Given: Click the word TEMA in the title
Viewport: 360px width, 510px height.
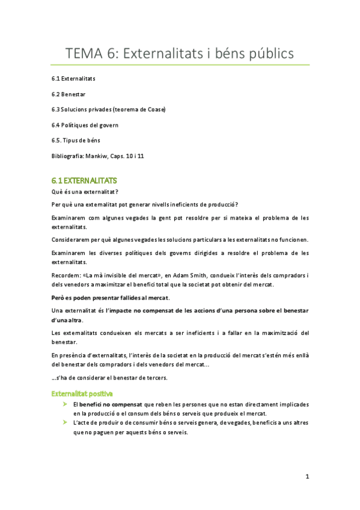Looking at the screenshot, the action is pyautogui.click(x=84, y=54).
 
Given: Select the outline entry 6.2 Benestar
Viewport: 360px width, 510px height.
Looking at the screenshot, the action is pyautogui.click(x=69, y=94).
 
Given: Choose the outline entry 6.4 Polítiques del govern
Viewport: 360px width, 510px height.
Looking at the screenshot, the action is pyautogui.click(x=85, y=125).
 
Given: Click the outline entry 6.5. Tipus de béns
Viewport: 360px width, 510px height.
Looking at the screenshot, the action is pyautogui.click(x=76, y=140).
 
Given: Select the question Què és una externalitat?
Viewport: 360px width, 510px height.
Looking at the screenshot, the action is pyautogui.click(x=85, y=192).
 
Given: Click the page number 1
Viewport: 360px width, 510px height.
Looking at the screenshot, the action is pyautogui.click(x=307, y=477).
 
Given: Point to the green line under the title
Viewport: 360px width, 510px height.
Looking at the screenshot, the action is pyautogui.click(x=180, y=65).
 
